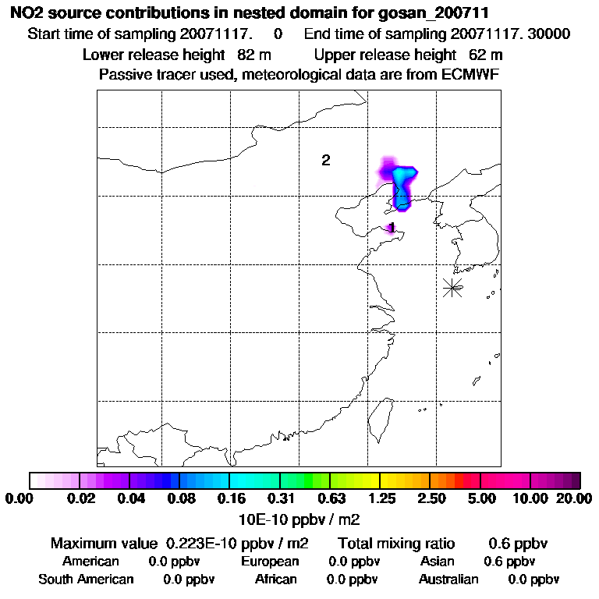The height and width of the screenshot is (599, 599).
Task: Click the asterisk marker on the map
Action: point(452,287)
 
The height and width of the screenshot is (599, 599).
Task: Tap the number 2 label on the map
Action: point(326,161)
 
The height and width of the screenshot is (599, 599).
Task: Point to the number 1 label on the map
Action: point(392,228)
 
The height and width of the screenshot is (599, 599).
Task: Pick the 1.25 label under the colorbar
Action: point(380,498)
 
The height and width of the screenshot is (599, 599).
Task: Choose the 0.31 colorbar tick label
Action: point(280,498)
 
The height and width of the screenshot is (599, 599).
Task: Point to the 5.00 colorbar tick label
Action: point(480,498)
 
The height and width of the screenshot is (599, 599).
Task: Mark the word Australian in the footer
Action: point(448,580)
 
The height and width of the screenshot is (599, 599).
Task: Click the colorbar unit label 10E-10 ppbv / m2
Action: point(299,519)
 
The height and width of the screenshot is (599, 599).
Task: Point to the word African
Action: point(276,580)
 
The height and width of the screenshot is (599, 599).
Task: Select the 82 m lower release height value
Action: point(250,55)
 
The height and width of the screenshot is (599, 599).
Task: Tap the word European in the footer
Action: point(270,562)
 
